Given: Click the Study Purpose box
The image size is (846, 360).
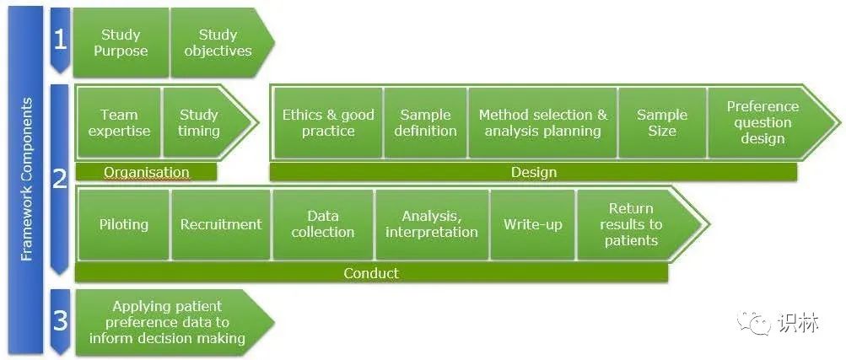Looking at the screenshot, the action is pos(121,42).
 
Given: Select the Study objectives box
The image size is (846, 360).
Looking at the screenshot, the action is pos(218,42).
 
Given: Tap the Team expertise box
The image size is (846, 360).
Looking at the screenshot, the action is pos(119,123).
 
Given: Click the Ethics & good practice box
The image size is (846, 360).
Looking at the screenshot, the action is pos(328,123).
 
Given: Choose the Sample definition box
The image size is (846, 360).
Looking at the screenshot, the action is pos(425,123).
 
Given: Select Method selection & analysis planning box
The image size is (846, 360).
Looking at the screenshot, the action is pos(543,123).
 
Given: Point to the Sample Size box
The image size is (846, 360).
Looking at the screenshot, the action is pos(662,123).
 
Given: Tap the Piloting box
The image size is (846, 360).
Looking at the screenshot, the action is pos(123,224).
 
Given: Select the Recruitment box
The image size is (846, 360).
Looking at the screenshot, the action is pos(221,224).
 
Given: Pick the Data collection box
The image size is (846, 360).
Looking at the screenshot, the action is pos(323,224).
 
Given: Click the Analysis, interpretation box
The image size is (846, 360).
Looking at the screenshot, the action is pos(432,224).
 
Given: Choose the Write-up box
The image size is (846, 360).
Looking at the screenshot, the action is pos(532,224).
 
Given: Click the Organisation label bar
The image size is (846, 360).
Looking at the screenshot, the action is pos(146,172).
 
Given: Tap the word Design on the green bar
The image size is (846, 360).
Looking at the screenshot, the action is pos(533,173).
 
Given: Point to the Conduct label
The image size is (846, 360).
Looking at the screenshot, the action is pos(371,273).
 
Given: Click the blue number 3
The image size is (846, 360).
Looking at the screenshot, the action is pos(60,320).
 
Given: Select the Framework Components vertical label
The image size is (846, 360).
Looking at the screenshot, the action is pos(26,180).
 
